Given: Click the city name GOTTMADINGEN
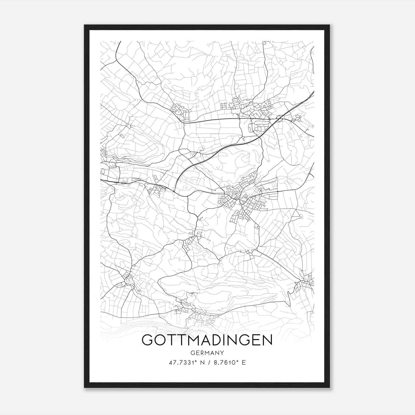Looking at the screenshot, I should (x=207, y=340).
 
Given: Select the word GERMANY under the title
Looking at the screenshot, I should (x=207, y=353).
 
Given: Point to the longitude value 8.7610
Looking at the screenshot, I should (x=224, y=363).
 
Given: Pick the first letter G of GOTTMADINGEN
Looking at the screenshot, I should (x=148, y=340).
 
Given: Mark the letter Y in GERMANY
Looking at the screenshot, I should (x=222, y=353).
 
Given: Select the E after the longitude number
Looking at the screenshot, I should (x=244, y=363).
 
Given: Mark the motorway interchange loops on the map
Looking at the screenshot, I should (x=280, y=118).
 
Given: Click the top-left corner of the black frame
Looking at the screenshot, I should (x=85, y=25).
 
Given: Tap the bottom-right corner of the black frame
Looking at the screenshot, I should (x=329, y=388).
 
